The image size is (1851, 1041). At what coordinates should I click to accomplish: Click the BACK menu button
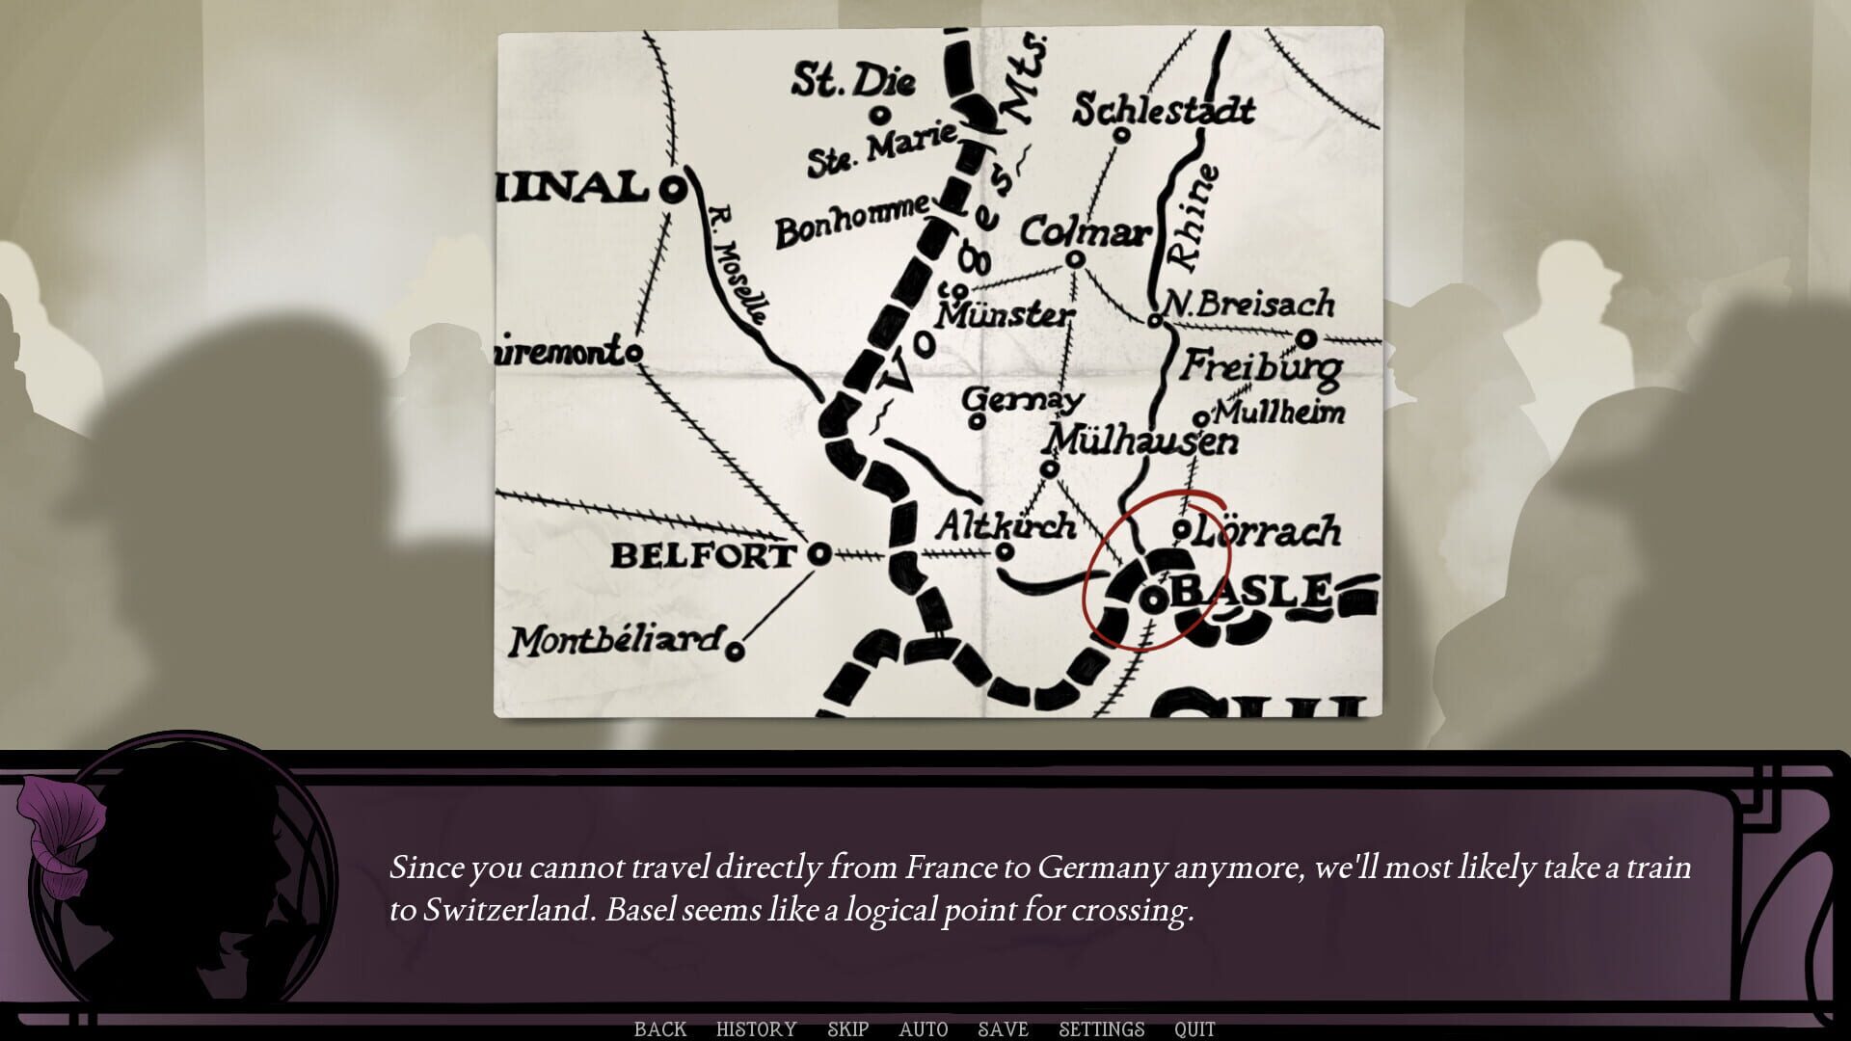click(660, 1029)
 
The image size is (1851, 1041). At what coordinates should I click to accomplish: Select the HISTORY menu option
click(756, 1029)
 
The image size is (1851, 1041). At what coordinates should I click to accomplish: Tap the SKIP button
click(847, 1029)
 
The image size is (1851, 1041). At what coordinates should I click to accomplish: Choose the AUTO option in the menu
click(923, 1029)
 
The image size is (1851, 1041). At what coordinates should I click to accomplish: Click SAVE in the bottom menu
click(1003, 1029)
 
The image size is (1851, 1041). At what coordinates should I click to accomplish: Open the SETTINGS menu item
click(1101, 1029)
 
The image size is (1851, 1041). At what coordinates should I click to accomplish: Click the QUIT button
click(1194, 1029)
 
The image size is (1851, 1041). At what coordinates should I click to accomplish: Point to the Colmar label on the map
click(1085, 231)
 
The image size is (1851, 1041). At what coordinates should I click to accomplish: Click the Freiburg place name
click(1261, 366)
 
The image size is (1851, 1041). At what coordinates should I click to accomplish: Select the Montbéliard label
click(615, 641)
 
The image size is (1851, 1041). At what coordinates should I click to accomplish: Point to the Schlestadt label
click(1164, 111)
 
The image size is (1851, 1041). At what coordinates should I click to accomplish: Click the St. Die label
click(853, 81)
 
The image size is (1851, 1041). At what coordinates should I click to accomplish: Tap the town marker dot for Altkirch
click(1004, 551)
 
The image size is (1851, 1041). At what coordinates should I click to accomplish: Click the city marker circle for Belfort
click(818, 554)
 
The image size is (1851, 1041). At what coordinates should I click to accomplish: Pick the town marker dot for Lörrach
click(1181, 529)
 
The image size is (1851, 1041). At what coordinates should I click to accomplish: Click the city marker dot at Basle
click(1153, 600)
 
